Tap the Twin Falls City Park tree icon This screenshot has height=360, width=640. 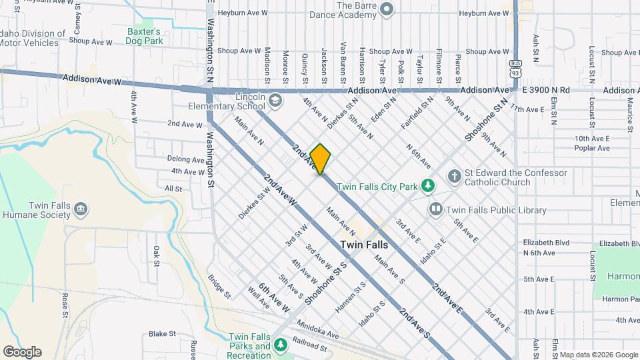(x=431, y=186)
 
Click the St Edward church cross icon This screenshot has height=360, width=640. (x=454, y=176)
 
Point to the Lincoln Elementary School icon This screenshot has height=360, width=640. (x=275, y=101)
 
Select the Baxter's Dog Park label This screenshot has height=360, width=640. (x=144, y=36)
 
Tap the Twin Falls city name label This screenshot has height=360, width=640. (x=364, y=245)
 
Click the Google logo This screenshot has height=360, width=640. (x=22, y=352)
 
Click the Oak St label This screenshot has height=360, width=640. (x=157, y=255)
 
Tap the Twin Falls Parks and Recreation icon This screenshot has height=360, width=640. (x=281, y=343)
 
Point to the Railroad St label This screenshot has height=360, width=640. (x=309, y=347)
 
